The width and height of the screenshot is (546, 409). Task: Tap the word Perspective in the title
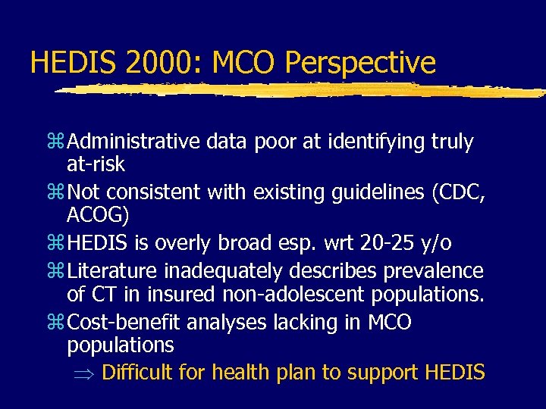(360, 64)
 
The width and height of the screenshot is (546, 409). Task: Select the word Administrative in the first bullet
(133, 142)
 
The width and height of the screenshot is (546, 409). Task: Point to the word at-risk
(96, 164)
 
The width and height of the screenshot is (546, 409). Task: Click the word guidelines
(366, 193)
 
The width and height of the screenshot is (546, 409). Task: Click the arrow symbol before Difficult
(83, 373)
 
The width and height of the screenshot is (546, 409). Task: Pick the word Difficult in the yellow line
(139, 373)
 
